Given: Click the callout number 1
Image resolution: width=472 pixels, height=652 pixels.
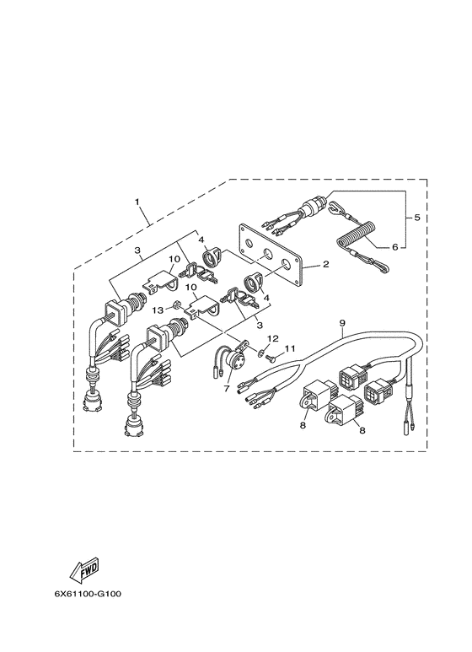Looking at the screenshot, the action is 137,202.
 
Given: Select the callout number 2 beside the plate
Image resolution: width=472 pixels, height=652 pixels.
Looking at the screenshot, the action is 325,264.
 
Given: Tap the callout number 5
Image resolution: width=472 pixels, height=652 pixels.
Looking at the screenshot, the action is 416,217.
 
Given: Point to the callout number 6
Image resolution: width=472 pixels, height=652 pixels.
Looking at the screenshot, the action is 394,246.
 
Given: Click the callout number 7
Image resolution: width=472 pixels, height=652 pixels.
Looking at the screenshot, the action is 227,388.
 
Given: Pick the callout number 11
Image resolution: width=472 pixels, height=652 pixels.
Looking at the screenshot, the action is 290,348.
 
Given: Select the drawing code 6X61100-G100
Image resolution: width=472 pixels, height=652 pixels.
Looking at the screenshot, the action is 88,593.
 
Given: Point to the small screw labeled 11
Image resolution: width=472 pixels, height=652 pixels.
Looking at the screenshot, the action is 269,356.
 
